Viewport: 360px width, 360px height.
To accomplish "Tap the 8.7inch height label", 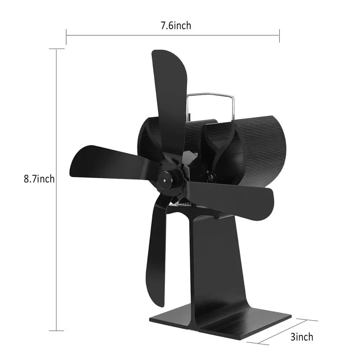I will pyautogui.click(x=40, y=178).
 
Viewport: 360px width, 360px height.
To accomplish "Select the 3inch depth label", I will pyautogui.click(x=301, y=337).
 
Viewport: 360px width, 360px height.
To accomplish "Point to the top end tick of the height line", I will pyautogui.click(x=57, y=49).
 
